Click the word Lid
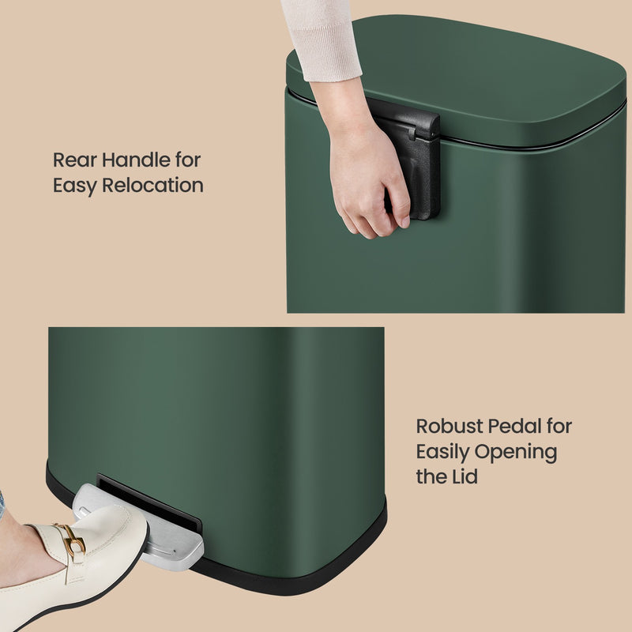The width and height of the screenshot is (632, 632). tap(464, 478)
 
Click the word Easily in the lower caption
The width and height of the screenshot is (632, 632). tap(442, 453)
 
